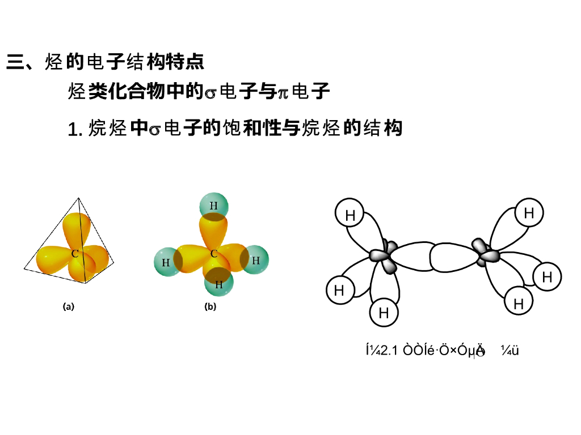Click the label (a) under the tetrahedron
69,307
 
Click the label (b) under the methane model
210,307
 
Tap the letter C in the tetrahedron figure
75,254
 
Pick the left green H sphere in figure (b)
166,262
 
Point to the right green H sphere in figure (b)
255,260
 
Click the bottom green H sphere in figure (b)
218,284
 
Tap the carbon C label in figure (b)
214,254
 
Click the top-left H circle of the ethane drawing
350,215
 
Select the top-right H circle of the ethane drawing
529,213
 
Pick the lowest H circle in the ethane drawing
384,313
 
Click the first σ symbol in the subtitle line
210,92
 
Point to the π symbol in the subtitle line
282,92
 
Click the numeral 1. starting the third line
75,130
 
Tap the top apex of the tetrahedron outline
79,198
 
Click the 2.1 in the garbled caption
388,351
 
